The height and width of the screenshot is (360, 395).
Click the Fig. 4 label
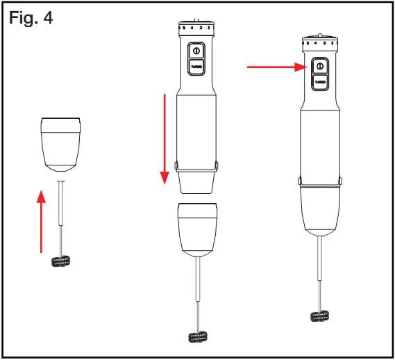(x=31, y=16)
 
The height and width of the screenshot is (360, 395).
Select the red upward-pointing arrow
(x=42, y=222)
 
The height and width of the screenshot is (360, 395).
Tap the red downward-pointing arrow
(x=165, y=139)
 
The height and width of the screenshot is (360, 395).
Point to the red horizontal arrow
(x=278, y=67)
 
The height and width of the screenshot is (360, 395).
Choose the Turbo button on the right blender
(x=320, y=81)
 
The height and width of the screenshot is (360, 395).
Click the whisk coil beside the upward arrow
(x=62, y=261)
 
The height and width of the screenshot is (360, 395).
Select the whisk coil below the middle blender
(x=199, y=336)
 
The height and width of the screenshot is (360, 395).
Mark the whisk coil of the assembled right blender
(x=321, y=315)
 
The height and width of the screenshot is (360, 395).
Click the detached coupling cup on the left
(x=62, y=144)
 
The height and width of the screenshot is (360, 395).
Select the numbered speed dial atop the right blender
(x=320, y=43)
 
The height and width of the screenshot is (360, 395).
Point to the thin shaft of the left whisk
(x=62, y=215)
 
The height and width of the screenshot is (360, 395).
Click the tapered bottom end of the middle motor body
(x=196, y=182)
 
